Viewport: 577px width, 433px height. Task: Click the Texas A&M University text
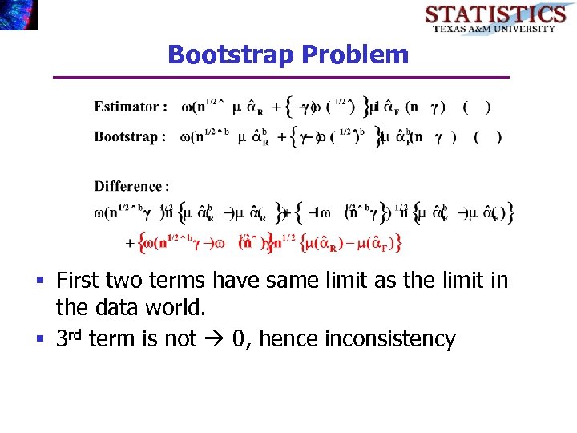(494, 29)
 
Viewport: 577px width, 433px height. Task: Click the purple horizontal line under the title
(280, 77)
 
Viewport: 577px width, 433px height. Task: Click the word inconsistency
(389, 339)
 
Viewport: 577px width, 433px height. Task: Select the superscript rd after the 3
(75, 334)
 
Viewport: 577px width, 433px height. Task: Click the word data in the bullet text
(117, 309)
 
